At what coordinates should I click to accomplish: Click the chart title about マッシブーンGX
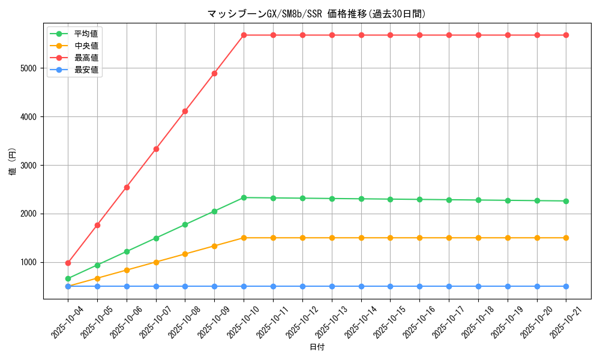[316, 14]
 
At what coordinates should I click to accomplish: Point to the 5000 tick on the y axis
[29, 68]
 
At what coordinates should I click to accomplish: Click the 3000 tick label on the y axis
[29, 165]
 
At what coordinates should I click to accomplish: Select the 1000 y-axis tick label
[29, 262]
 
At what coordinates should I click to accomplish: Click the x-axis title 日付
[317, 347]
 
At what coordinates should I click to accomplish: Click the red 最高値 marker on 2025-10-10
[244, 35]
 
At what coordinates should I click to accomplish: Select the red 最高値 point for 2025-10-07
[156, 149]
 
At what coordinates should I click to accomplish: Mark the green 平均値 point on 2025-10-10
[244, 197]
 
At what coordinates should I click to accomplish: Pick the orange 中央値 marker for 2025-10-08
[185, 254]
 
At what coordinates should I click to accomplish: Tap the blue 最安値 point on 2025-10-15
[390, 286]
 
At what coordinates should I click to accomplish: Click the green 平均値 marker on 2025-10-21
[566, 201]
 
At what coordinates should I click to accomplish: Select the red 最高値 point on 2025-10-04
[68, 263]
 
